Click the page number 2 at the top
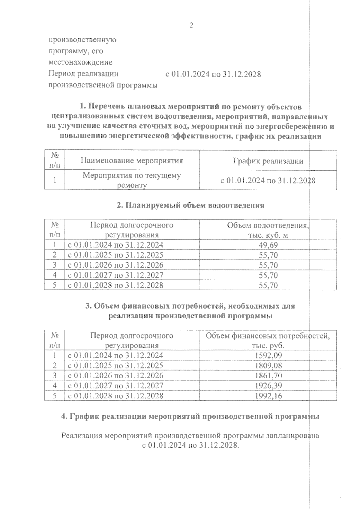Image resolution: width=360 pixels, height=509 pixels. [191, 25]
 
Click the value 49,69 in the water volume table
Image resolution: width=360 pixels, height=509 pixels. [268, 245]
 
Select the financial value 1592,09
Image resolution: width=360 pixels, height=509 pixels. [268, 356]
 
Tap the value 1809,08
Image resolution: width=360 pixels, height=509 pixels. [268, 365]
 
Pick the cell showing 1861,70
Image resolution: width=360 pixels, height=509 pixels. [268, 376]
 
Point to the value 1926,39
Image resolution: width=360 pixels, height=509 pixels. [268, 385]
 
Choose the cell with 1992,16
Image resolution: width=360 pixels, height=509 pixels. [268, 396]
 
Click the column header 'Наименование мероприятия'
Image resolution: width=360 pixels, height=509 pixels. [132, 161]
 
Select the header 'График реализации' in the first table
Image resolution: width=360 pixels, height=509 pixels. [268, 161]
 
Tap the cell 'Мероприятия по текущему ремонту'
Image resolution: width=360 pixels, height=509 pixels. [132, 180]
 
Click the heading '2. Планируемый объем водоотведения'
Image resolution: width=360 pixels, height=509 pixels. [190, 205]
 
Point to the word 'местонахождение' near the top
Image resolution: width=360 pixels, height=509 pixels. [81, 62]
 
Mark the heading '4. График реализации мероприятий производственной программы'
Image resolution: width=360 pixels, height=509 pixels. [190, 416]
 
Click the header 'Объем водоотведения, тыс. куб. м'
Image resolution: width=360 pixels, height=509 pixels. [268, 230]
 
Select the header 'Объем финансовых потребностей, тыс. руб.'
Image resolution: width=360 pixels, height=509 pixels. [268, 341]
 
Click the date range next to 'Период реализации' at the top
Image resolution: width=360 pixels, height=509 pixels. [213, 74]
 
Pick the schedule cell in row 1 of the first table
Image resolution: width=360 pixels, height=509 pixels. [268, 180]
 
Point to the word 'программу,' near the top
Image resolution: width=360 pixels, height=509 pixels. [76, 51]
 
